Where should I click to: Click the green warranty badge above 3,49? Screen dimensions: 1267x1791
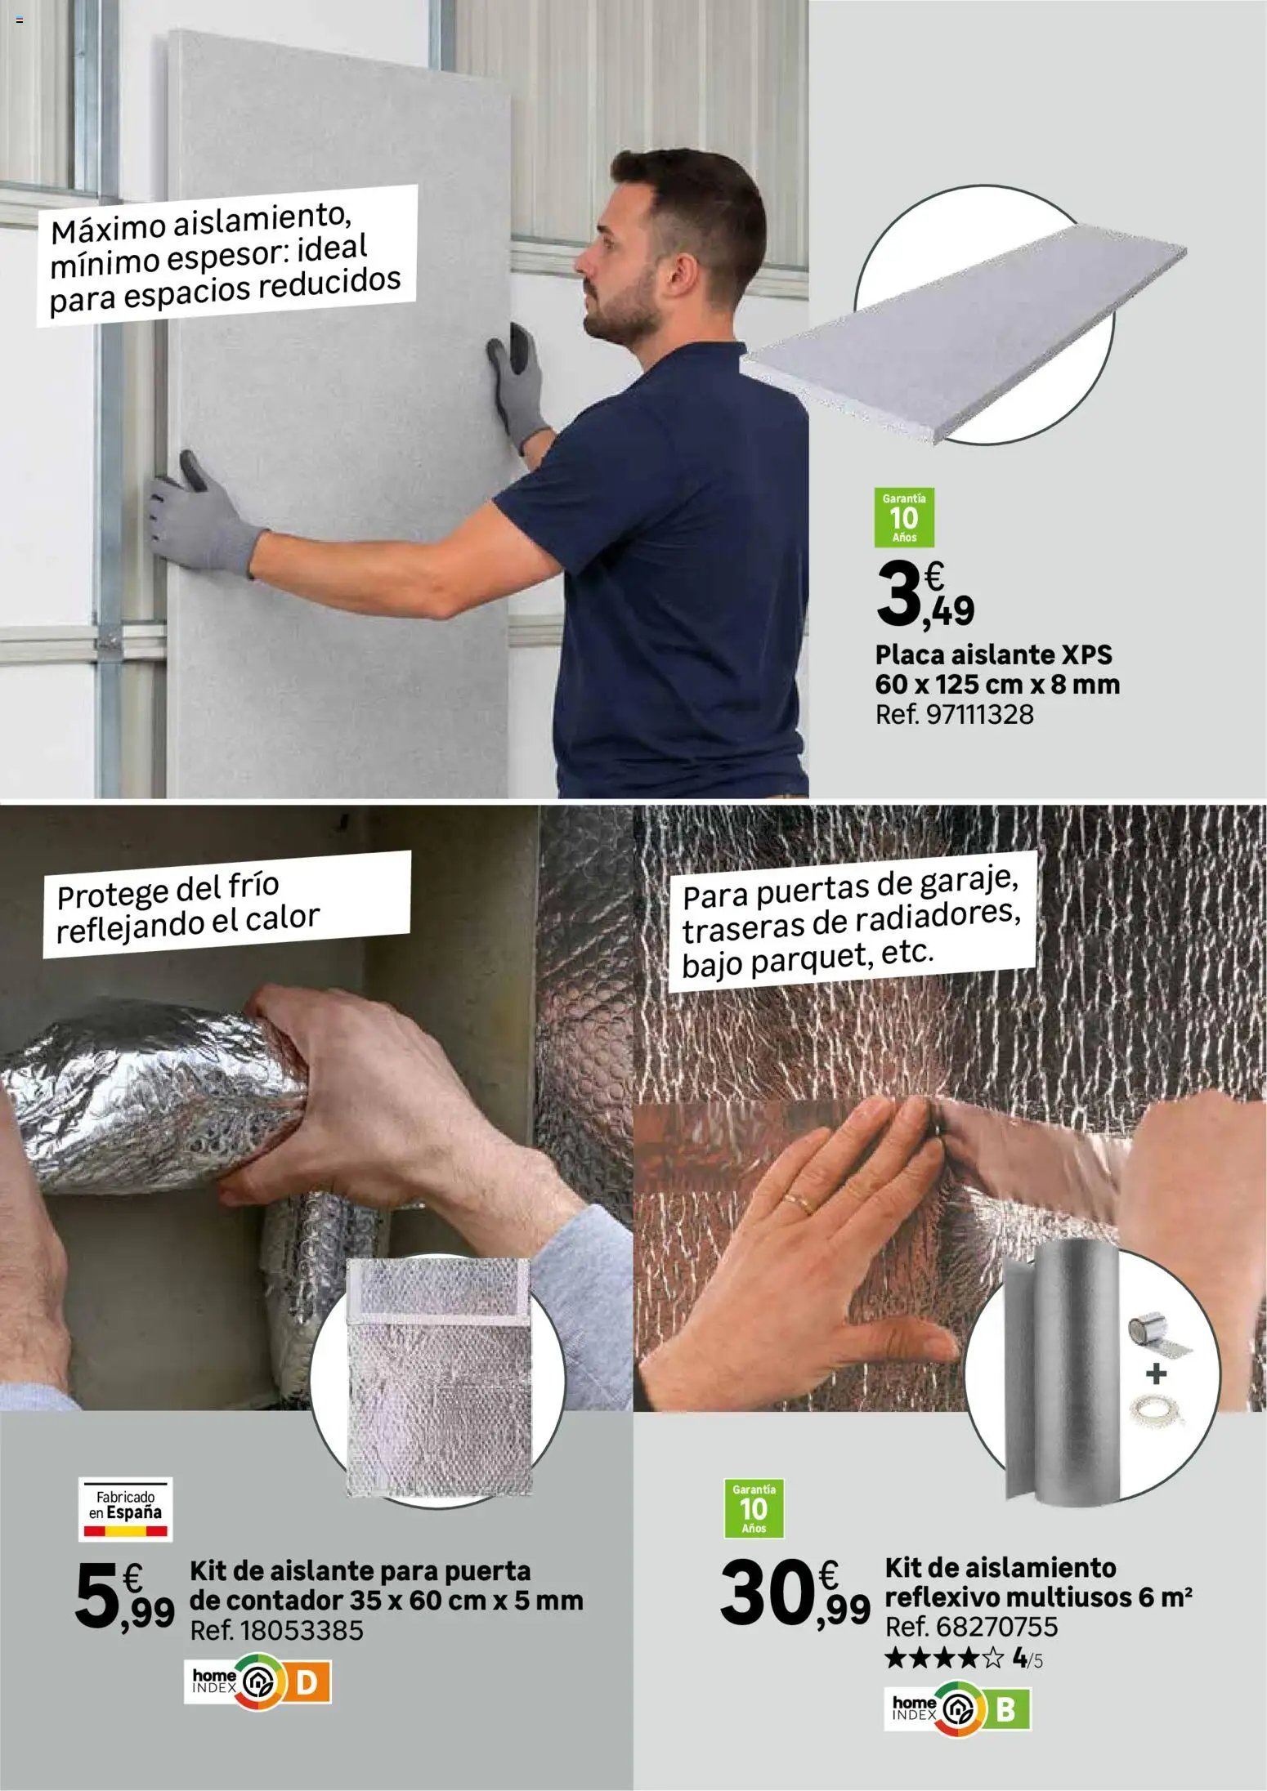point(904,517)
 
